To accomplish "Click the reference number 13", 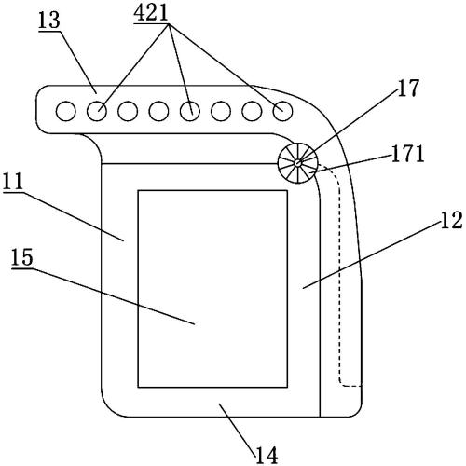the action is tap(49, 21).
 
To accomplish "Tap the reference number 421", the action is tap(151, 13).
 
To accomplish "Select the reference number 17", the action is tap(408, 88).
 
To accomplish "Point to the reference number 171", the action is tap(407, 155).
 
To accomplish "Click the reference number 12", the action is tap(451, 220).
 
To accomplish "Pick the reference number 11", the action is tap(13, 182).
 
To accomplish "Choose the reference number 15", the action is tap(22, 257).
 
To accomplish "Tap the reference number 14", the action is tap(267, 456).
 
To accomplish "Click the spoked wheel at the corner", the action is tap(298, 163).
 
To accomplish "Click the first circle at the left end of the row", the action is tap(66, 111).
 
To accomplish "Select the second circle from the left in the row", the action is tap(97, 111).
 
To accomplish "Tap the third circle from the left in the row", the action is tap(128, 111).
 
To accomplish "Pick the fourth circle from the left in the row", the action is tap(158, 111).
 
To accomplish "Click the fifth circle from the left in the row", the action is tap(190, 111).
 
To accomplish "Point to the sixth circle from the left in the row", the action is tap(221, 111).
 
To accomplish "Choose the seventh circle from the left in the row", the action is tap(252, 111).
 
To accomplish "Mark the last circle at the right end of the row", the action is tap(282, 111).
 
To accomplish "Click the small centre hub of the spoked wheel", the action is tap(298, 162).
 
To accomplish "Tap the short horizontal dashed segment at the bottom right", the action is tap(352, 386).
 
